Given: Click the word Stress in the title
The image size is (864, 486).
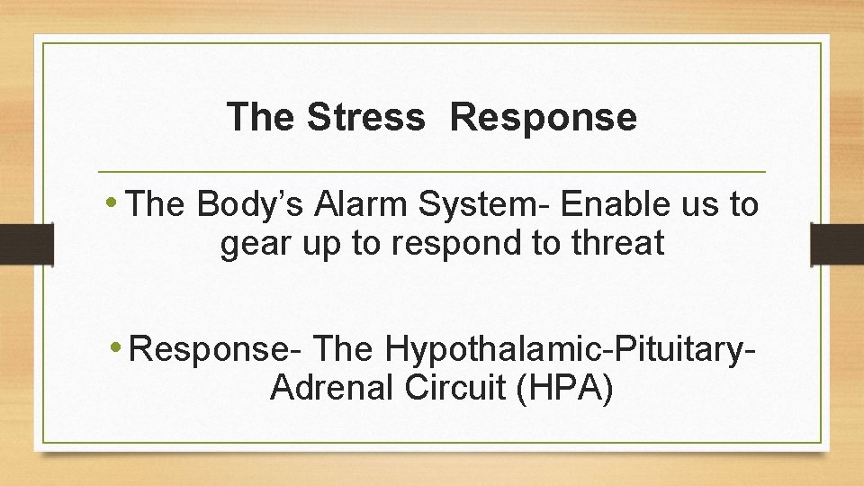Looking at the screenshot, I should point(364,117).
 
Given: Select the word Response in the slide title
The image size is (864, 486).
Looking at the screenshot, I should point(544,117).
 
